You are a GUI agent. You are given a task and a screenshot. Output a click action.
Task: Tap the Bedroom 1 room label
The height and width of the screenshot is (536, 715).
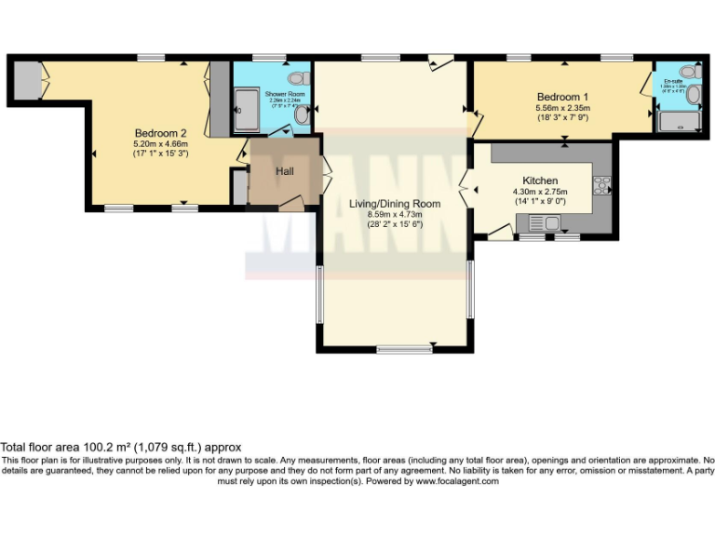pyautogui.click(x=561, y=97)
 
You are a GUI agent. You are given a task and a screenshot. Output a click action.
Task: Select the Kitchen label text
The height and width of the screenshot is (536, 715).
pyautogui.click(x=540, y=181)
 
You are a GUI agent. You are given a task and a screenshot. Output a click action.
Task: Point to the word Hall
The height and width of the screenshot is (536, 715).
pyautogui.click(x=285, y=171)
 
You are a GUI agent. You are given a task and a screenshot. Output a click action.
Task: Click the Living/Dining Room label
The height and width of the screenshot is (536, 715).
pyautogui.click(x=395, y=203)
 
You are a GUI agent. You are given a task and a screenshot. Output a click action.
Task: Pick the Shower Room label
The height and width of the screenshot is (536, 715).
pyautogui.click(x=283, y=95)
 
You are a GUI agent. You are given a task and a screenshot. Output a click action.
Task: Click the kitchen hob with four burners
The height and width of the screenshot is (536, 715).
pyautogui.click(x=602, y=185)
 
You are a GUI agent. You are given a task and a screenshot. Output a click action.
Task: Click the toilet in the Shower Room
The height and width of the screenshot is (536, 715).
pyautogui.click(x=298, y=78)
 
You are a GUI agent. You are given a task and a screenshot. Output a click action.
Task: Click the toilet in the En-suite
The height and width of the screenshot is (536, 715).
pyautogui.click(x=689, y=73)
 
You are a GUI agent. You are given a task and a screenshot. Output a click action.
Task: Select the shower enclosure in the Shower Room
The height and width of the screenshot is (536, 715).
pyautogui.click(x=248, y=111)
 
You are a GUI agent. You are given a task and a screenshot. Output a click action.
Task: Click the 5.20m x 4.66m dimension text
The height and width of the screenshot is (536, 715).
pyautogui.click(x=160, y=144)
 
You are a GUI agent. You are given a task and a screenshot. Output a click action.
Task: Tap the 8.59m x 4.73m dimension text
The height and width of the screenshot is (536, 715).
pyautogui.click(x=395, y=214)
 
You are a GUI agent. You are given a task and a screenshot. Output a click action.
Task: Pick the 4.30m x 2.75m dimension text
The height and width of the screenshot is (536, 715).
pyautogui.click(x=540, y=193)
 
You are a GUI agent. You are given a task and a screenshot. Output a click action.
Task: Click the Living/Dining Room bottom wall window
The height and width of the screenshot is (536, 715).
pyautogui.click(x=404, y=349)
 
